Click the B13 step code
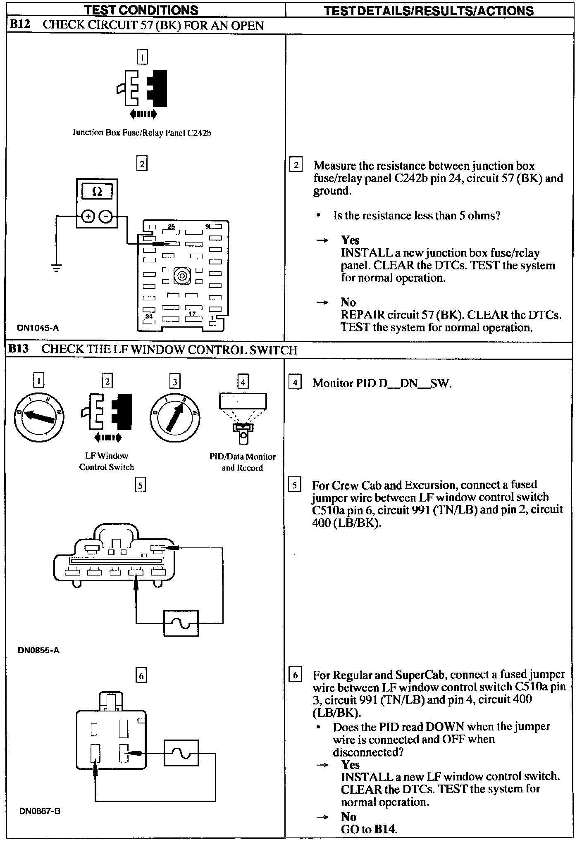(x=19, y=350)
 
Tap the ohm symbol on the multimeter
(x=97, y=192)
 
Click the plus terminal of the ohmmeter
(x=88, y=216)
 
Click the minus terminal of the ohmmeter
(x=106, y=216)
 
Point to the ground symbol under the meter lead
(x=57, y=268)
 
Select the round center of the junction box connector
(x=182, y=276)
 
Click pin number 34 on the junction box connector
(x=149, y=316)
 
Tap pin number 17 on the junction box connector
(x=192, y=314)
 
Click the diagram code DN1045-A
(x=38, y=328)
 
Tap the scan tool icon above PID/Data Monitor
(x=243, y=418)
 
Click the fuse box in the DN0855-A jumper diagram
(x=181, y=623)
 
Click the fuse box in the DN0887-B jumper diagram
(x=181, y=753)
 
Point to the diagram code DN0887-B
(x=40, y=811)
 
